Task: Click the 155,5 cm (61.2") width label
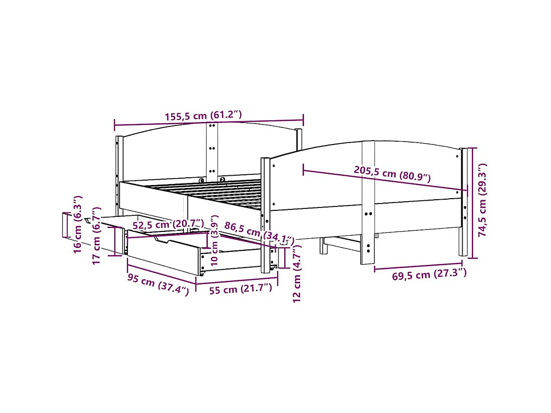click(x=203, y=116)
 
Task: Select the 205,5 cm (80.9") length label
click(x=392, y=173)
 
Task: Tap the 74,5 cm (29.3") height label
click(x=483, y=200)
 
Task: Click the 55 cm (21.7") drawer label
click(x=240, y=289)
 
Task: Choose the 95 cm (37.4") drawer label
click(x=158, y=286)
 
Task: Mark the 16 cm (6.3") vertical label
click(x=78, y=224)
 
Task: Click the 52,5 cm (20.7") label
click(x=168, y=225)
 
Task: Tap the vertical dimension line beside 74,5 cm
click(x=472, y=203)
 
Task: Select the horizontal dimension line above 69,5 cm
click(x=418, y=267)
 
